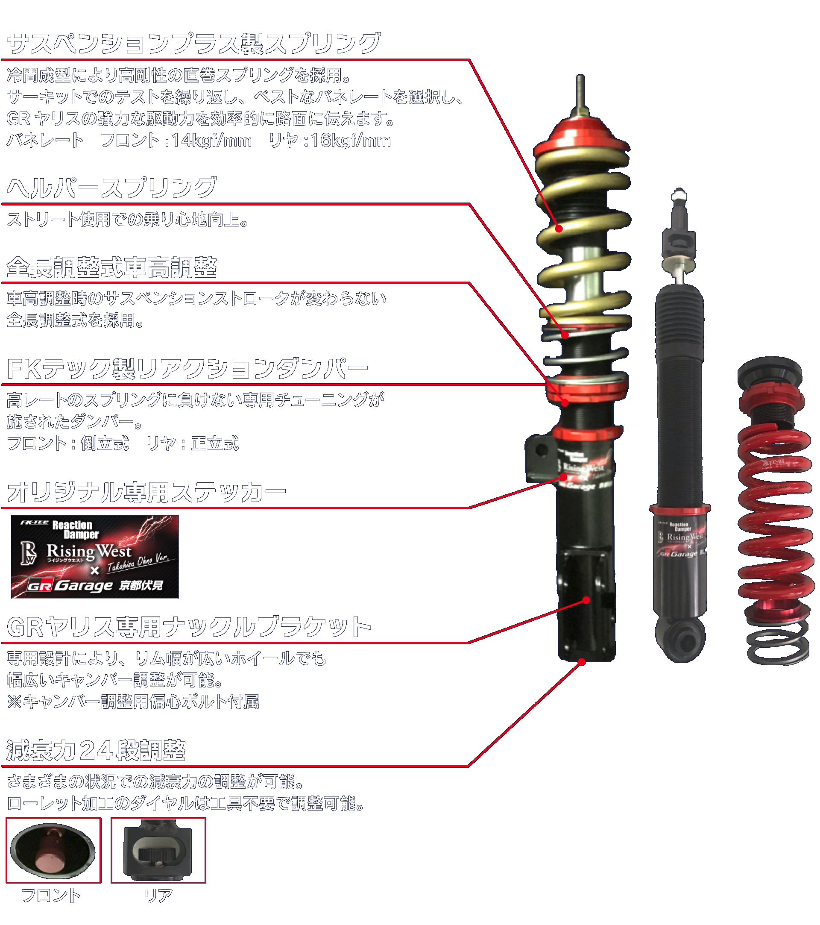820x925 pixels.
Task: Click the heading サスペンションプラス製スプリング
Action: point(193,44)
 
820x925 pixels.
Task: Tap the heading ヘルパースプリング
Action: point(112,188)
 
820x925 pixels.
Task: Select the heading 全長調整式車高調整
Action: point(112,267)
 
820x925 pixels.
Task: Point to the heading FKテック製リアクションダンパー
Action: point(187,369)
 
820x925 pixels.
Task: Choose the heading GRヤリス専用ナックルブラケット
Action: point(189,627)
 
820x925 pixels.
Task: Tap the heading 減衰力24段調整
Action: point(96,750)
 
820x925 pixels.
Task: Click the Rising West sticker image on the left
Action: point(95,557)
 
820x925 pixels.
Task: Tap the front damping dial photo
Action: point(53,850)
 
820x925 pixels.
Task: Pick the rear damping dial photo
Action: point(158,850)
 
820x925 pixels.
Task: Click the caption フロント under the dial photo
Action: point(51,896)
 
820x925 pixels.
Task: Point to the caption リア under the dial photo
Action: point(158,896)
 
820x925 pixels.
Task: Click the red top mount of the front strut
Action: point(580,136)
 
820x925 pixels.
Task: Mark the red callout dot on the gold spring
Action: point(559,229)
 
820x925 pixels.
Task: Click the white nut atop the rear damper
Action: point(679,196)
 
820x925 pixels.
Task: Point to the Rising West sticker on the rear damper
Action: point(681,538)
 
